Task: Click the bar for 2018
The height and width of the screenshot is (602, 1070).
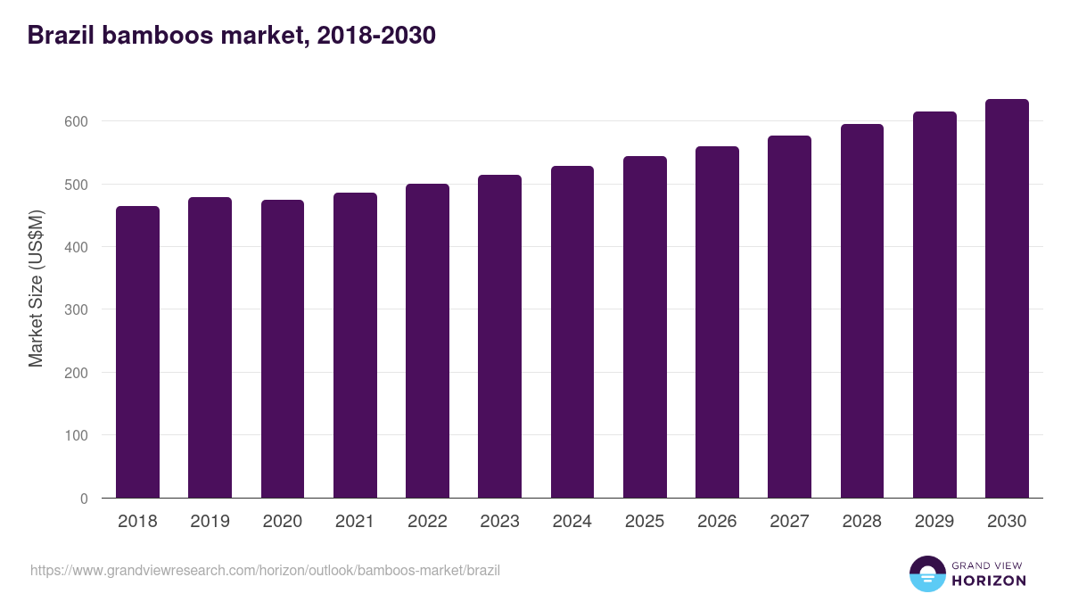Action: pyautogui.click(x=137, y=352)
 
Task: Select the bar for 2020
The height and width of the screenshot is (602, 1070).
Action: pyautogui.click(x=283, y=349)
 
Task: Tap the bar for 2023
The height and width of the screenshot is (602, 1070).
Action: pyautogui.click(x=499, y=336)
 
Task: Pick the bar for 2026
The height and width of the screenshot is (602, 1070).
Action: pyautogui.click(x=717, y=322)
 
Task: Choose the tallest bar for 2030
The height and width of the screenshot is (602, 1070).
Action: pyautogui.click(x=1007, y=299)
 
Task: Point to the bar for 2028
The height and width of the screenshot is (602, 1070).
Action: pyautogui.click(x=862, y=311)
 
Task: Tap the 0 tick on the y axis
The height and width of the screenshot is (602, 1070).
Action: pyautogui.click(x=84, y=499)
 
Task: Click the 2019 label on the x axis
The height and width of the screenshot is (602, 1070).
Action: pyautogui.click(x=210, y=522)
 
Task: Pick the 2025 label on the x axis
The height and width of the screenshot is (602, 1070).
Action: pyautogui.click(x=645, y=522)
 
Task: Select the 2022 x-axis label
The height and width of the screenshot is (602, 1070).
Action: pyautogui.click(x=427, y=522)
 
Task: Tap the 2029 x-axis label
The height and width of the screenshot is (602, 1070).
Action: pyautogui.click(x=934, y=522)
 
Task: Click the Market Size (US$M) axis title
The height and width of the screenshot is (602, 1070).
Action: pyautogui.click(x=36, y=289)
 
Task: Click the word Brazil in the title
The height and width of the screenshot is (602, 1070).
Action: pyautogui.click(x=60, y=36)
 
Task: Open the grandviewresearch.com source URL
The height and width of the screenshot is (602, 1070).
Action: pyautogui.click(x=265, y=570)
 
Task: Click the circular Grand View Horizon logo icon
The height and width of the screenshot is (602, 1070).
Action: pyautogui.click(x=926, y=573)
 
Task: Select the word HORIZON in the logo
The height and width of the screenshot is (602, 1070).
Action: pyautogui.click(x=990, y=581)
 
